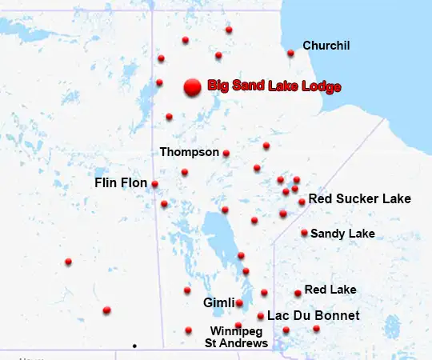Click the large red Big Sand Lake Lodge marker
(191, 87)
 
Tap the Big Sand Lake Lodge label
(274, 86)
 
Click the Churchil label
(326, 46)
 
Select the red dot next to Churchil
(290, 54)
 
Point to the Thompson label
(189, 151)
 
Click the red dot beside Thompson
(226, 153)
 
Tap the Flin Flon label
(121, 183)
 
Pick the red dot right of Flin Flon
(154, 184)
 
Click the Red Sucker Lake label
(359, 198)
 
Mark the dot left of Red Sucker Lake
(302, 202)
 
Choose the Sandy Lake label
(342, 234)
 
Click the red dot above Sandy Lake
(304, 233)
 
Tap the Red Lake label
(330, 289)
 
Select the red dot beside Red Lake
(298, 293)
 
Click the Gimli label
(218, 303)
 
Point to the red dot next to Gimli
(239, 303)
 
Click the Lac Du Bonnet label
(313, 316)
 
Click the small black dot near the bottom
(134, 346)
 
